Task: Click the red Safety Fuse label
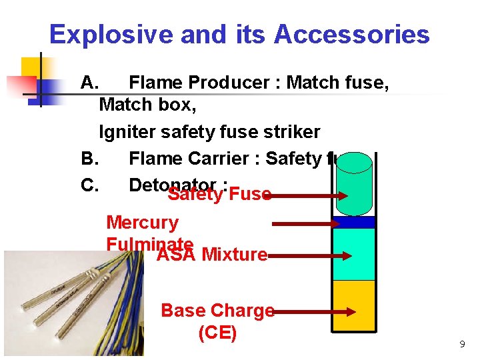tap(219, 195)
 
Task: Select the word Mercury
tap(142, 223)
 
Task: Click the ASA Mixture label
tap(212, 255)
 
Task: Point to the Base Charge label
tap(217, 311)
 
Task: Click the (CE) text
tap(217, 333)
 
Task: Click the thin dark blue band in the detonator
tap(354, 222)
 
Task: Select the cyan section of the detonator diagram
tap(354, 253)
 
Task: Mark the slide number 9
tap(462, 345)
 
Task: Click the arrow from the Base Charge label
tap(313, 311)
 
